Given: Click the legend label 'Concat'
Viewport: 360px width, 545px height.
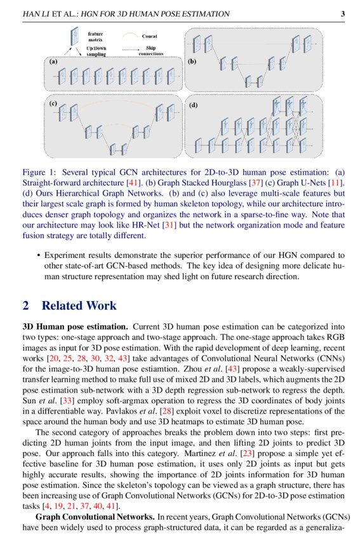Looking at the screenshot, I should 150,37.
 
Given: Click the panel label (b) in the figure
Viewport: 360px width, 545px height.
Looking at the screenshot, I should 192,62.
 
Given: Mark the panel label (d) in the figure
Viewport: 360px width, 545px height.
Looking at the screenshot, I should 193,103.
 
